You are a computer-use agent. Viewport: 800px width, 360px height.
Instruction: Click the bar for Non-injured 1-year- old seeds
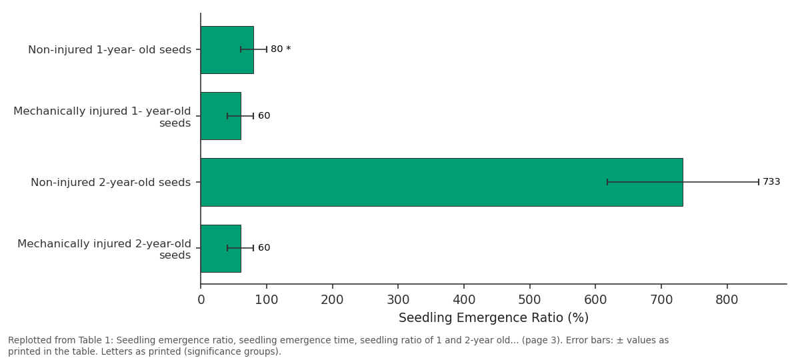click(x=227, y=50)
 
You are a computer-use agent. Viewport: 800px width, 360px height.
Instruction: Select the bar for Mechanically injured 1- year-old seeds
click(x=221, y=116)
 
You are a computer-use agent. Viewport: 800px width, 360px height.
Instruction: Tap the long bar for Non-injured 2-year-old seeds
click(x=442, y=182)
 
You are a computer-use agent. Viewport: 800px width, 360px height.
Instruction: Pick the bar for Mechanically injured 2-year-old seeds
click(x=221, y=249)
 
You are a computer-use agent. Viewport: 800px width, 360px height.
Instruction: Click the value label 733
click(x=771, y=182)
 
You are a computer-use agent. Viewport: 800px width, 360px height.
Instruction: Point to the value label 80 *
click(x=281, y=49)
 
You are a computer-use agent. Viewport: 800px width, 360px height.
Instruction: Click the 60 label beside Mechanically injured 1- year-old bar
click(x=264, y=116)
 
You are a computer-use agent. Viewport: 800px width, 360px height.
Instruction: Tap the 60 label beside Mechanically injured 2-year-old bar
click(x=264, y=247)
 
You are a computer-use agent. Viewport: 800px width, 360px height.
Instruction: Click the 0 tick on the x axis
click(x=201, y=299)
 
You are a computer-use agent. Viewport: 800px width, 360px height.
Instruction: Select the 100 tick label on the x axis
click(x=267, y=299)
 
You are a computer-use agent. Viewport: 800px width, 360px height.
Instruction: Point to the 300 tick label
click(x=398, y=299)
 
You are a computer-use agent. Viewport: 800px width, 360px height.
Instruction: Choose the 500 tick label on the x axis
click(x=529, y=299)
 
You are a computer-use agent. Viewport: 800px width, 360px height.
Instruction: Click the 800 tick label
click(x=727, y=299)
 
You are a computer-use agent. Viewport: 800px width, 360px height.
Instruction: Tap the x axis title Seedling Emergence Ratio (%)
click(x=493, y=317)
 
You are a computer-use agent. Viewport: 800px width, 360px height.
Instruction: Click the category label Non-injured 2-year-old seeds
click(x=111, y=182)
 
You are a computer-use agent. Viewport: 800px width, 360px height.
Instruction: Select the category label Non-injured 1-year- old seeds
click(x=109, y=49)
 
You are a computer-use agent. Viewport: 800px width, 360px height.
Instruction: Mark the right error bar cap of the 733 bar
click(x=759, y=182)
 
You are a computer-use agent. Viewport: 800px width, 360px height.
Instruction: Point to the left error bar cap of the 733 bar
click(x=607, y=182)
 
